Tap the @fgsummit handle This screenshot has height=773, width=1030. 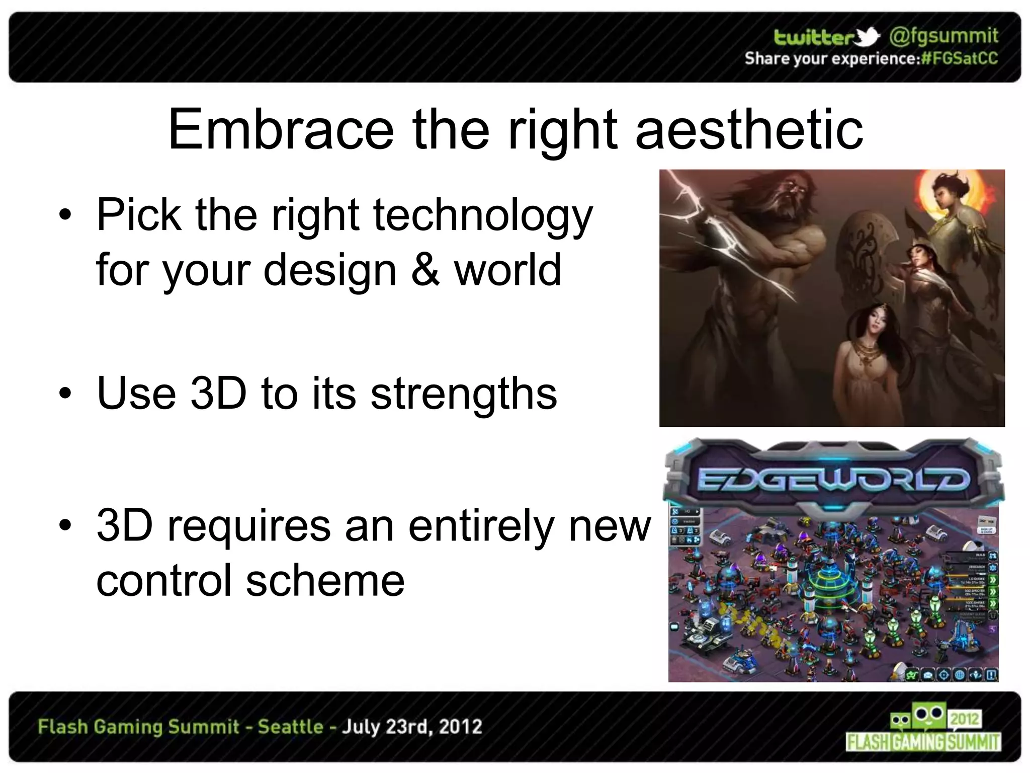tap(943, 36)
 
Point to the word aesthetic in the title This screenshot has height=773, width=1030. tap(749, 130)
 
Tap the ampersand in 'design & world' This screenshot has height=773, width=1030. tap(425, 270)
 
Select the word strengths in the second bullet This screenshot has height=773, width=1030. tap(464, 394)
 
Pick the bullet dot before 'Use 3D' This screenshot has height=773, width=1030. tap(65, 394)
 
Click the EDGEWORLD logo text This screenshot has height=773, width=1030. tap(832, 480)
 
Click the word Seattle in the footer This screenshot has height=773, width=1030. tap(290, 727)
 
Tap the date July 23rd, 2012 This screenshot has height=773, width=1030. tap(412, 727)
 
